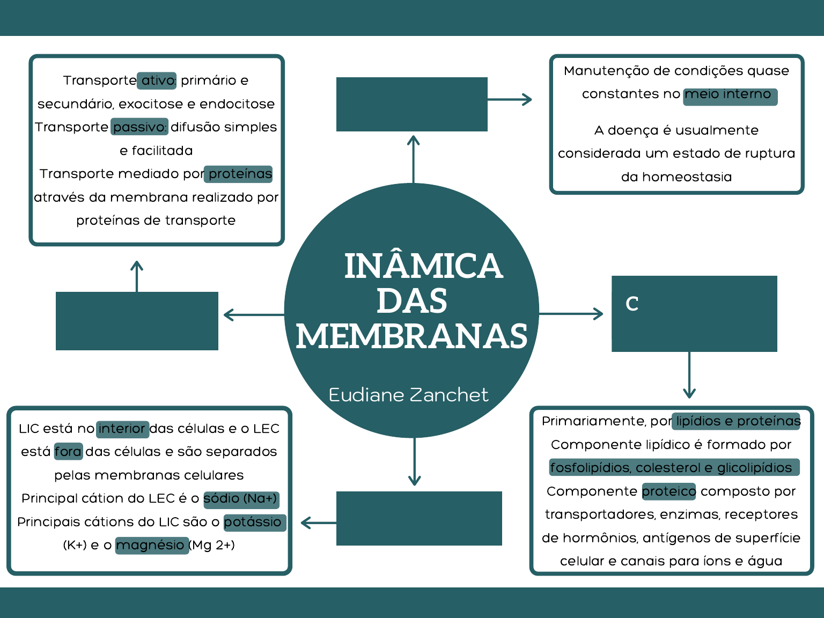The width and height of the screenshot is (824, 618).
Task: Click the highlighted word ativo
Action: click(157, 80)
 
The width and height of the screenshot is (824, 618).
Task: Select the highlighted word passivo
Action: click(139, 127)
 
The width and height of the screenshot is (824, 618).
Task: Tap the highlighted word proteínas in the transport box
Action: click(239, 174)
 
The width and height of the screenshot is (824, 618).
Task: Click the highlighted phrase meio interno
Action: click(730, 95)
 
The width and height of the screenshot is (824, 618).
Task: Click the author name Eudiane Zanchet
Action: click(408, 395)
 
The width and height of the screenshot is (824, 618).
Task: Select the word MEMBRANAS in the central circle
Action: click(411, 336)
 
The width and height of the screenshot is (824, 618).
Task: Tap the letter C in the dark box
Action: click(632, 304)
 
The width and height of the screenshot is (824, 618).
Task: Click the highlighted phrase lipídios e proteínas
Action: click(738, 421)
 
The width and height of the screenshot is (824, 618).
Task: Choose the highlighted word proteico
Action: click(668, 491)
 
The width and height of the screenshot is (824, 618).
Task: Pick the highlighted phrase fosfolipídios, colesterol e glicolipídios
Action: click(673, 468)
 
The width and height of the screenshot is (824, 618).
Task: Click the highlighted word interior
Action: click(122, 429)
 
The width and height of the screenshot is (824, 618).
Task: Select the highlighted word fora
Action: click(68, 452)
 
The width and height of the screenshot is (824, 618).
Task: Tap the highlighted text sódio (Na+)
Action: click(241, 499)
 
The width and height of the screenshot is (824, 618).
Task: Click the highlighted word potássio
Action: click(254, 522)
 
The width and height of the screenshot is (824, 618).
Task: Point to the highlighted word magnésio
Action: click(151, 546)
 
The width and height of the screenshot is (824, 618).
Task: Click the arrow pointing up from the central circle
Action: click(413, 158)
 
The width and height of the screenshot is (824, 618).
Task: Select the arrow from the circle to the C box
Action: click(571, 314)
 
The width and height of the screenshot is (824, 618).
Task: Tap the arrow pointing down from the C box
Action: click(689, 376)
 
